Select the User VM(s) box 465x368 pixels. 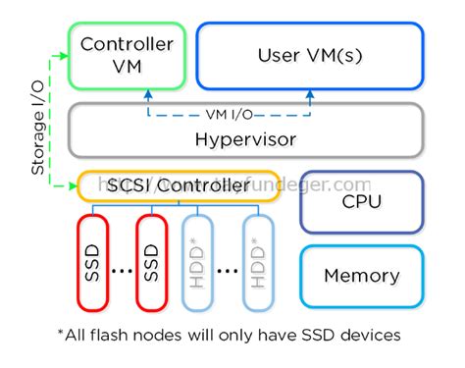coord(310,57)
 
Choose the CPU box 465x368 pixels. coord(360,202)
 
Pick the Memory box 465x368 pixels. coord(360,274)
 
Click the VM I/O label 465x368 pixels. coord(229,112)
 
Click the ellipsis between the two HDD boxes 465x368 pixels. coord(229,269)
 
